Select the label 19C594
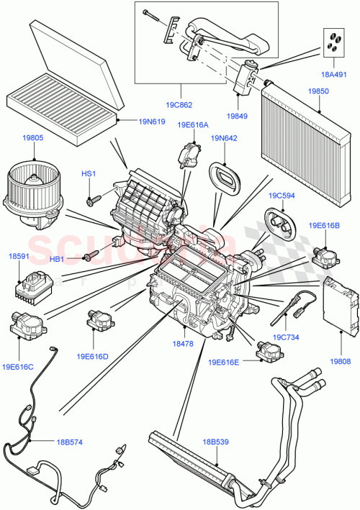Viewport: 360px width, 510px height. click(282, 194)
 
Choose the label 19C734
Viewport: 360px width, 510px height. click(287, 336)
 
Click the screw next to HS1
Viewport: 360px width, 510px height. click(91, 199)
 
